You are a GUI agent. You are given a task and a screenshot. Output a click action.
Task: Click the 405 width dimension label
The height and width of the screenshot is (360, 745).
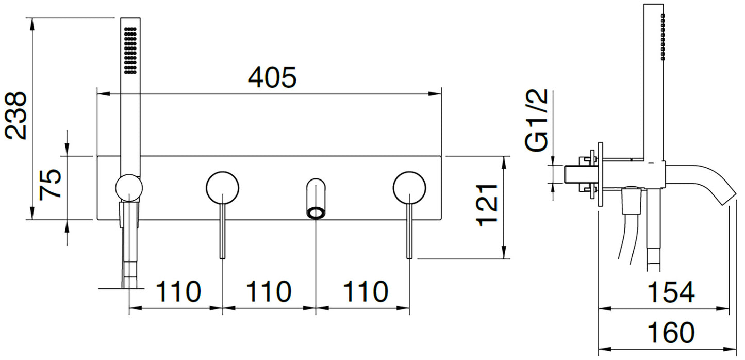point(272,78)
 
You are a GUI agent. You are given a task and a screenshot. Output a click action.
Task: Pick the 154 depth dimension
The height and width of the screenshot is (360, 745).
point(670,292)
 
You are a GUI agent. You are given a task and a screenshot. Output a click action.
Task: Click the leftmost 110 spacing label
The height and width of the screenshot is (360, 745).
point(177,292)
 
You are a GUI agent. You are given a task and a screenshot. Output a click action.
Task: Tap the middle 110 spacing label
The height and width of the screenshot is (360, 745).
point(268,292)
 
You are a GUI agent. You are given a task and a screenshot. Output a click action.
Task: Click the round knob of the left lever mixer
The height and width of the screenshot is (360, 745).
point(222,186)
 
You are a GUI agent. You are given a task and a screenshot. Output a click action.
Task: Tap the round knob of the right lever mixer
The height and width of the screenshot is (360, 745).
point(409,186)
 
